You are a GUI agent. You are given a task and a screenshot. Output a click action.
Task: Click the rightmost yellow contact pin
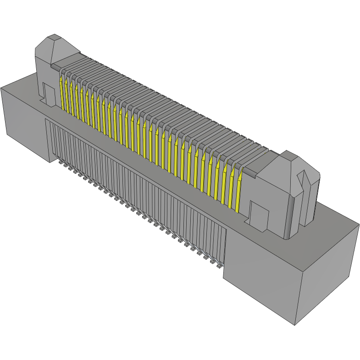pos(238,193)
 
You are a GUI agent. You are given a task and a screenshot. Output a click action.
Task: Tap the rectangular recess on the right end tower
pos(259,213)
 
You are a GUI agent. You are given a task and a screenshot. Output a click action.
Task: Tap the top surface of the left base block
pos(21,83)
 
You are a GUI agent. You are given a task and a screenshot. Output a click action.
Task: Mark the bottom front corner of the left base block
pos(50,162)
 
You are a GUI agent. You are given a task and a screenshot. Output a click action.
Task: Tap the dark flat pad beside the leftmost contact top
pos(55,67)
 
